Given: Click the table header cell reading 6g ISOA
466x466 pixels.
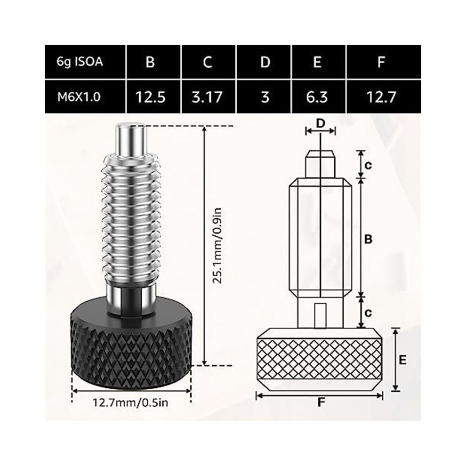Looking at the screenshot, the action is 80,62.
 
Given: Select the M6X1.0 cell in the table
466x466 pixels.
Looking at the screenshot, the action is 79,97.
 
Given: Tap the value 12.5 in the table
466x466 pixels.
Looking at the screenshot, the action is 150,97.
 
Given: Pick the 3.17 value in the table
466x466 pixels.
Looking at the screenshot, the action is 207,97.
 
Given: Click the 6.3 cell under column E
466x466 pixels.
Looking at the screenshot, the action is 317,97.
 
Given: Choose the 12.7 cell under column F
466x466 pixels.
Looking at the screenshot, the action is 381,97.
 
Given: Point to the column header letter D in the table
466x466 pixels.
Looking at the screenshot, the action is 265,62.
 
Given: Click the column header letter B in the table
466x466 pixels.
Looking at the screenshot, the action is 150,62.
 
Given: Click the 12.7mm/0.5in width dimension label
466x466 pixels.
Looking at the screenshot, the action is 130,403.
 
